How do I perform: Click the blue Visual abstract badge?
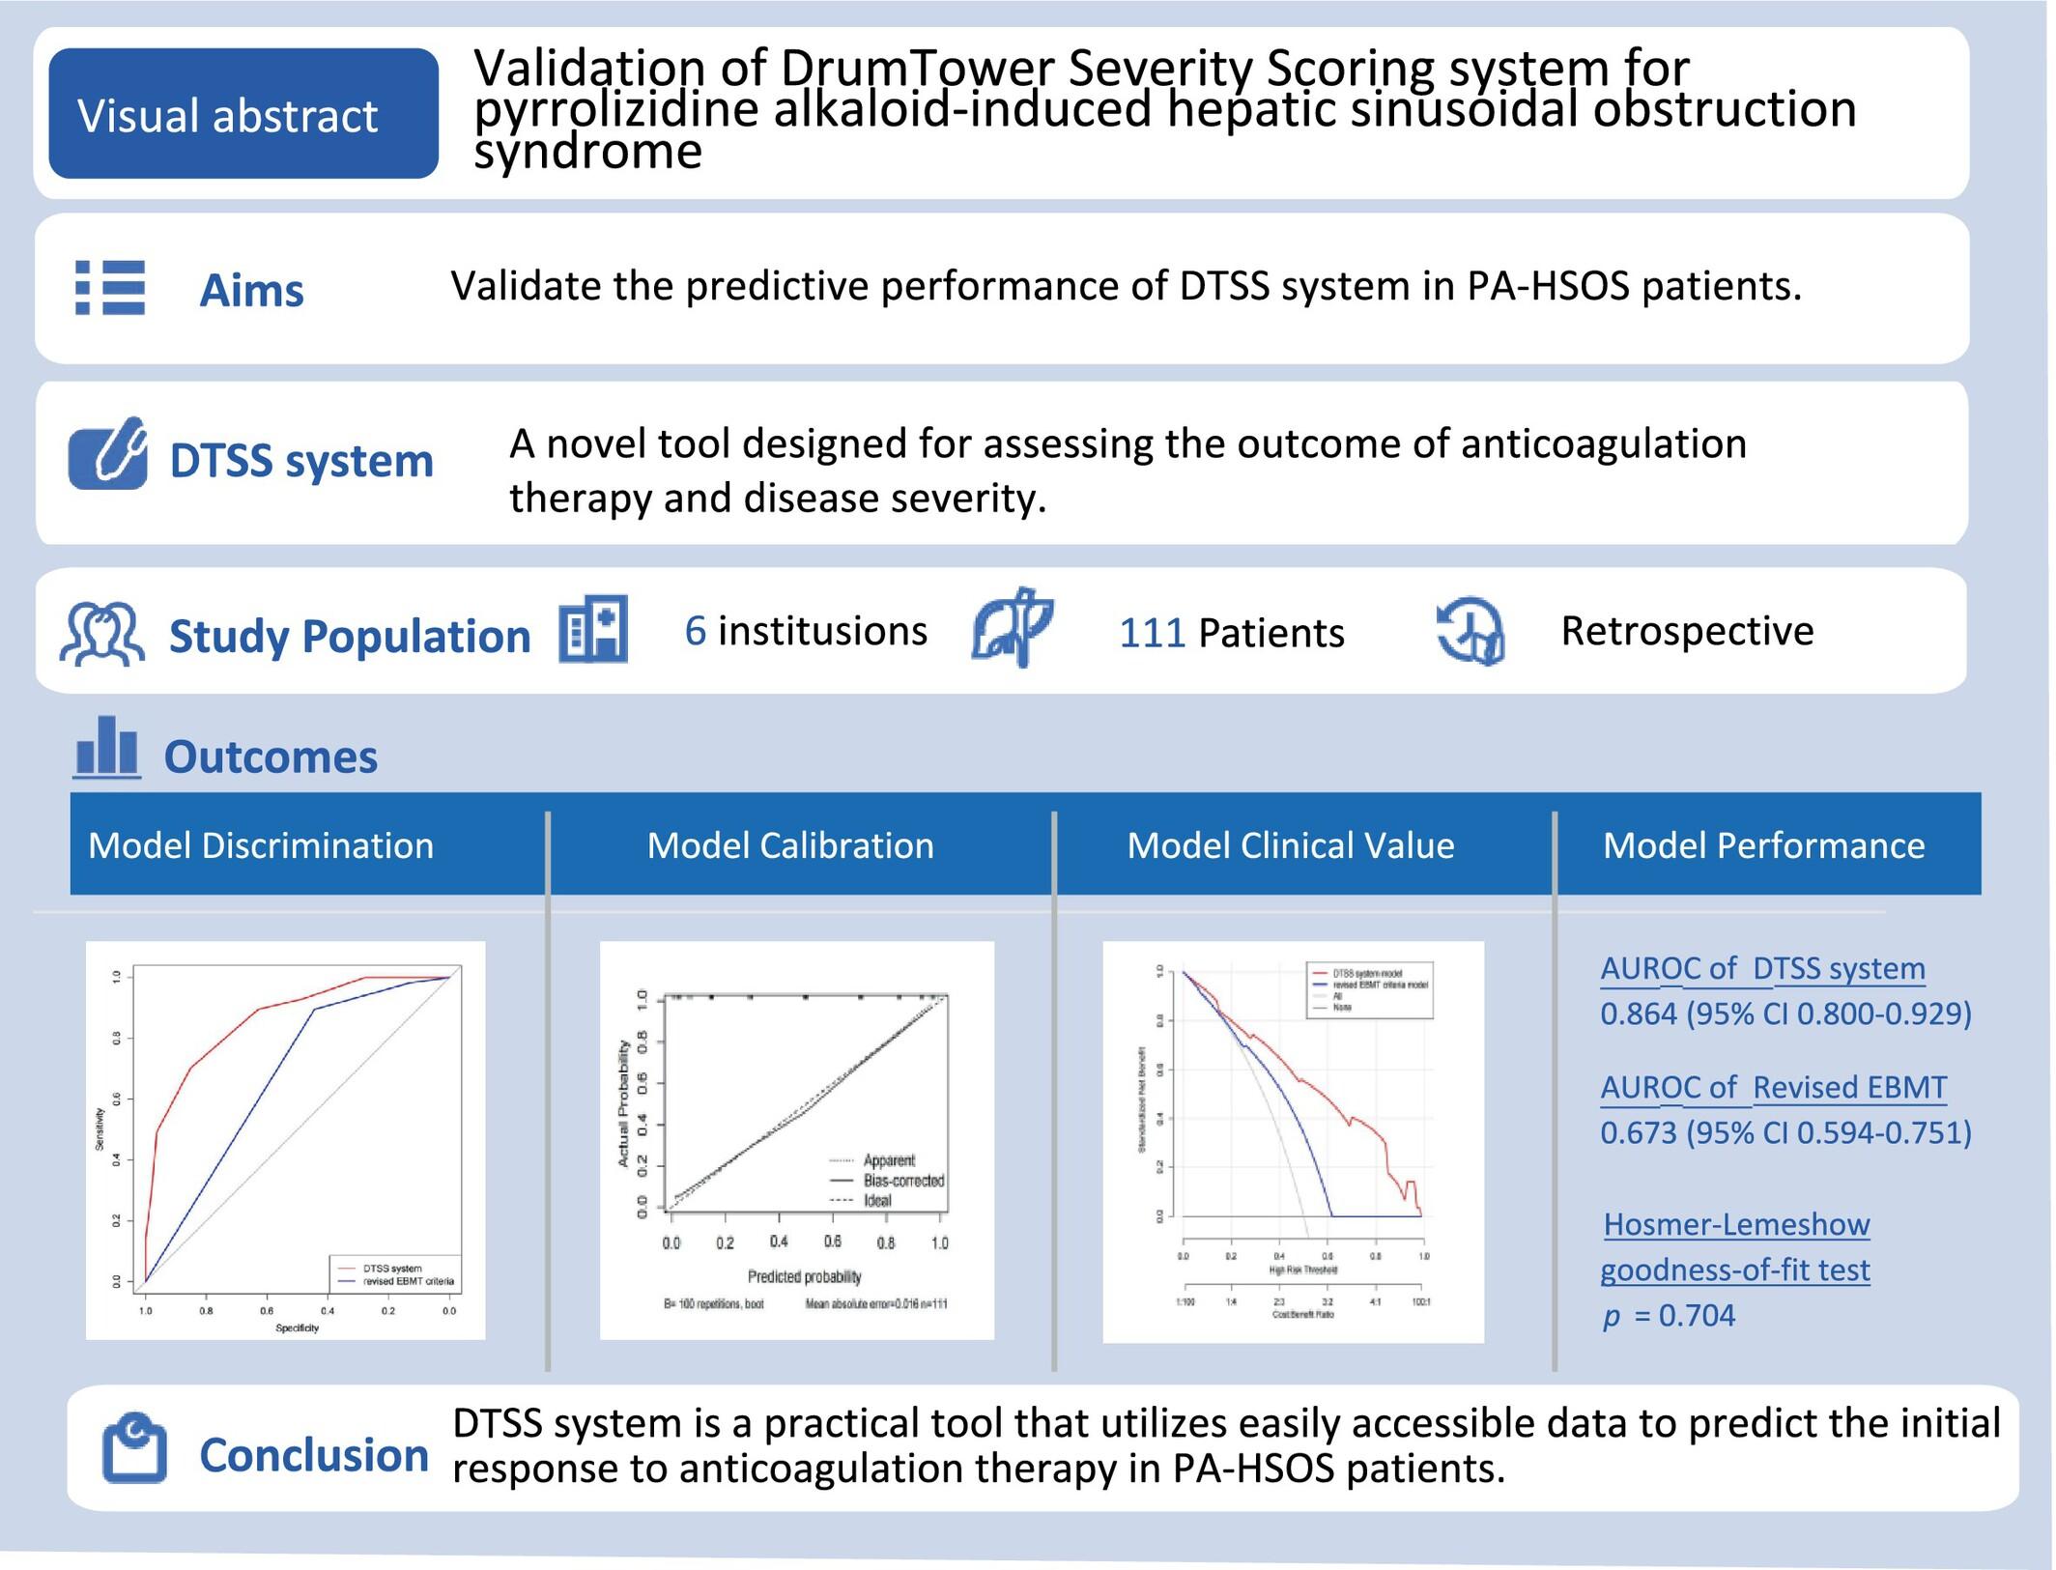pos(243,114)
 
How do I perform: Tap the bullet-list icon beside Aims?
pos(110,288)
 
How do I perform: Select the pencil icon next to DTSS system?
pos(108,454)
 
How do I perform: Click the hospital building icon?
pos(593,629)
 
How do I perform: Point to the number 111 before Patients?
pos(1152,633)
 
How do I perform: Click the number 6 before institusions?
pos(695,631)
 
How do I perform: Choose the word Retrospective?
pos(1687,631)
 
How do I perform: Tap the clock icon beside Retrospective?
pos(1471,631)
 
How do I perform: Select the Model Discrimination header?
pos(261,845)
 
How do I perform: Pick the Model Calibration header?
pos(790,845)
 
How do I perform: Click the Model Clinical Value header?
pos(1290,845)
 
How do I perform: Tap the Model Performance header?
pos(1763,845)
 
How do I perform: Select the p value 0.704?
pos(1697,1316)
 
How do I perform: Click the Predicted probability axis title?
pos(804,1276)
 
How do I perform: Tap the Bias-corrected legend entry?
pos(903,1181)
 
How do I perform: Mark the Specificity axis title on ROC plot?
pos(297,1328)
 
